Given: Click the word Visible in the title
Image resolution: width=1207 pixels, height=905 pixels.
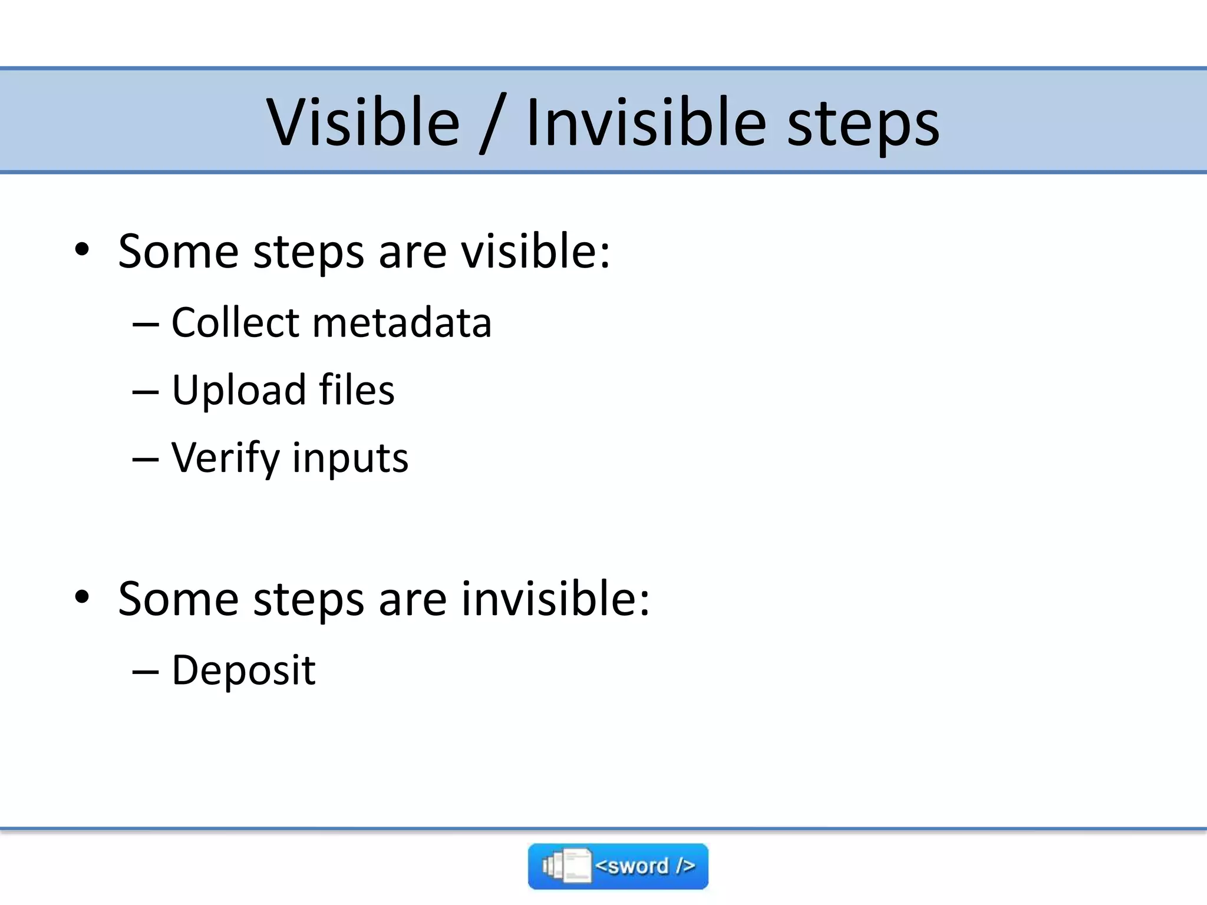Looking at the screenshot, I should tap(362, 123).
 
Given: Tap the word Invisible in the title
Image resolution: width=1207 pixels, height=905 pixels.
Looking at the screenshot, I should tap(646, 123).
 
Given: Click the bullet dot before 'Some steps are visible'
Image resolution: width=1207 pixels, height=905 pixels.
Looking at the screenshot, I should tap(82, 250).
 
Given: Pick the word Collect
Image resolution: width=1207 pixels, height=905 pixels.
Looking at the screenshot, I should tap(236, 323).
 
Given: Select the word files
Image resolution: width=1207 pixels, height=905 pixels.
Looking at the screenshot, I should tap(357, 390).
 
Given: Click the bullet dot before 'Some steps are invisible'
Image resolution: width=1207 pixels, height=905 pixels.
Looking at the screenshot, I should tap(82, 597).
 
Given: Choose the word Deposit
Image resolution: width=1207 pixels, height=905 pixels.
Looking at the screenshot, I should tap(243, 671).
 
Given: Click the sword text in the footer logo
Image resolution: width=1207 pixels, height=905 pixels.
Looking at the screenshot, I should tap(645, 866).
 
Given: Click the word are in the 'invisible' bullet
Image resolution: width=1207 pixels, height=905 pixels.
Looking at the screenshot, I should tap(413, 600).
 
